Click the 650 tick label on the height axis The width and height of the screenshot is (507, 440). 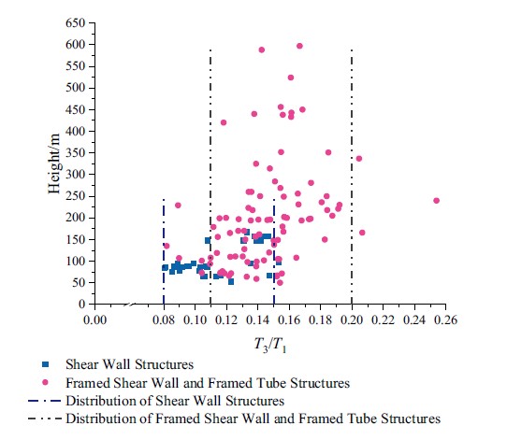click(75, 23)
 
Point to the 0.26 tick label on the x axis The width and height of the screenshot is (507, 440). click(446, 319)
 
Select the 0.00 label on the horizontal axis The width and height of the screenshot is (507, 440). click(94, 319)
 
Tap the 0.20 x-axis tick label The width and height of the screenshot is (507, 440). click(352, 319)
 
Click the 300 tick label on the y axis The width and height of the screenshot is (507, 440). click(75, 175)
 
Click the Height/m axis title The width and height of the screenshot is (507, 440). click(54, 163)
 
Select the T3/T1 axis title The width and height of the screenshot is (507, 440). click(270, 345)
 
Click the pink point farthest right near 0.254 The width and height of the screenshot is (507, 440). click(436, 201)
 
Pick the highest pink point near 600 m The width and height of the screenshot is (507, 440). click(299, 46)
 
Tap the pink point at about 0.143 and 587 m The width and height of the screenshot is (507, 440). click(262, 50)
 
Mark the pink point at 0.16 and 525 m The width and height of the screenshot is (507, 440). click(291, 78)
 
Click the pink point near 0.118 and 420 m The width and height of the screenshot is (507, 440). click(224, 122)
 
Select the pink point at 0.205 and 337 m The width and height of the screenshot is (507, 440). click(359, 159)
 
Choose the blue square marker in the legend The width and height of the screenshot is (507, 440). click(46, 364)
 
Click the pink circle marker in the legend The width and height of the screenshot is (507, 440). click(45, 382)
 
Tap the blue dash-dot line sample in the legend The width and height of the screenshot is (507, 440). click(45, 401)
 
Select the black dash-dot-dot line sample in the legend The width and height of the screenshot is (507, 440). click(45, 419)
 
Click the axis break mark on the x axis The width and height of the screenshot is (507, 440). click(130, 305)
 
